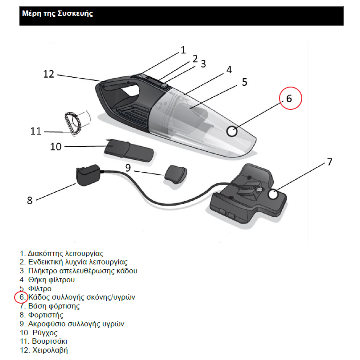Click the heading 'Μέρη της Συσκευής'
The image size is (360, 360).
pos(57,14)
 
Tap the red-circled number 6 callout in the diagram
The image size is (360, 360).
pos(290,98)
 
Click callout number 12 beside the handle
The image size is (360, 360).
pos(48,74)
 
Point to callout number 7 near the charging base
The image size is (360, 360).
pos(329,162)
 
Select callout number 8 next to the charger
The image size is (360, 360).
pos(30,200)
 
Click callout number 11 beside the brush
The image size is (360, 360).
pos(35,131)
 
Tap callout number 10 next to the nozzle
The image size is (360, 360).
pos(56,146)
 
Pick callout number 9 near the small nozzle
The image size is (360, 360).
pos(128,168)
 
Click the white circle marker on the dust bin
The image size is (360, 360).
pos(233,131)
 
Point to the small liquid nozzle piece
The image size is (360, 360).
pos(176,174)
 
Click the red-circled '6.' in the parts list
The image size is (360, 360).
pos(22,297)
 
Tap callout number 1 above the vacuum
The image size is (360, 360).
pos(183,50)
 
